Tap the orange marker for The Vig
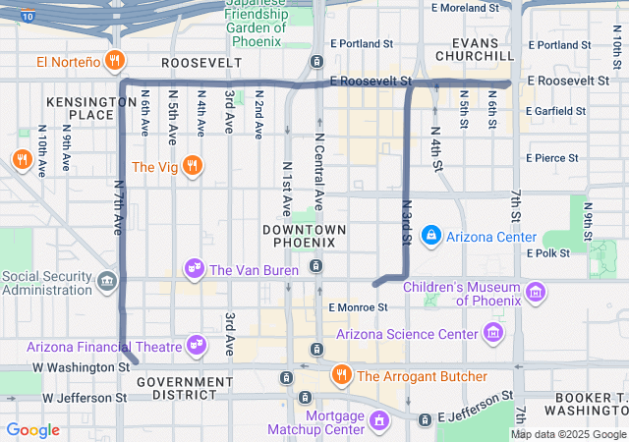click(193, 166)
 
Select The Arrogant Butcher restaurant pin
click(341, 375)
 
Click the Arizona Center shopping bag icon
click(430, 237)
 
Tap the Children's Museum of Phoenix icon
click(536, 292)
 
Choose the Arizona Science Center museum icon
click(493, 334)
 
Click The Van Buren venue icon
click(195, 269)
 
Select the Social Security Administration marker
click(106, 283)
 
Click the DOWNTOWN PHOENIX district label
click(305, 236)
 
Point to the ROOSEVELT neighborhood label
click(200, 62)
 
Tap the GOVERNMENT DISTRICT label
click(177, 387)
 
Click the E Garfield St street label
click(555, 112)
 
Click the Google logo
click(33, 430)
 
